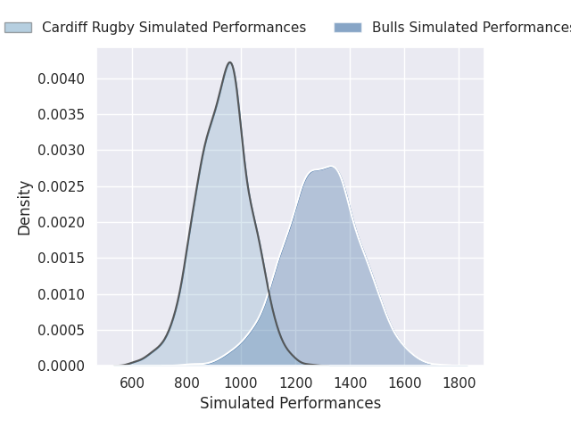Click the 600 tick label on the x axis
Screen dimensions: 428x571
pos(132,383)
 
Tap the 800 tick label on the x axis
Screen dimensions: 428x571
pos(186,383)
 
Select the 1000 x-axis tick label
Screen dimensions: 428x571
pos(241,383)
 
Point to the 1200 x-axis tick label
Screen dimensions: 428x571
pos(295,383)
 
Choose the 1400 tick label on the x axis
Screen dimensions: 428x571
pos(350,383)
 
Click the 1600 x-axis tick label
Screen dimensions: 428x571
pos(404,383)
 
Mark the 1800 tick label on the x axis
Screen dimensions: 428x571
pos(459,383)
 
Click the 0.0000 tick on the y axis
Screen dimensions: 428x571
pos(61,366)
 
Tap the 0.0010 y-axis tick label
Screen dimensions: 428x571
pos(61,294)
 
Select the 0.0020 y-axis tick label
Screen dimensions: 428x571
pos(61,222)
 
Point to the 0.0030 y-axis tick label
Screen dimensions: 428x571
pos(61,151)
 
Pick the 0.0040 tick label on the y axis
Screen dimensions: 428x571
pos(61,79)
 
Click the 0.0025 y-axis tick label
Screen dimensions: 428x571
pos(61,186)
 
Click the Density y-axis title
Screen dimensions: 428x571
pos(25,208)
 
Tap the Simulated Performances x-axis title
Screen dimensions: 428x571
pos(290,403)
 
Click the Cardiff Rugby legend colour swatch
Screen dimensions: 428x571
pos(18,28)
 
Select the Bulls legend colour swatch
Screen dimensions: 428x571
pos(348,28)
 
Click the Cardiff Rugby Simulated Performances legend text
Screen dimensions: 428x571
pos(174,28)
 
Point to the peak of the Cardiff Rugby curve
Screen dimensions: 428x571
pos(230,62)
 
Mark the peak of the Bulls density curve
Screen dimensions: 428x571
pos(331,167)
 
